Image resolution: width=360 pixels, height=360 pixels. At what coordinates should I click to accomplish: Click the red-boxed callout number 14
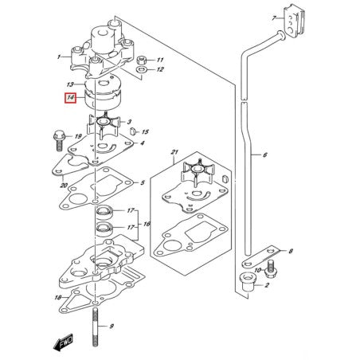pos(70,98)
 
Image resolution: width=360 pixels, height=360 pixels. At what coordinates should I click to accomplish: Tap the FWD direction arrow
pos(63,342)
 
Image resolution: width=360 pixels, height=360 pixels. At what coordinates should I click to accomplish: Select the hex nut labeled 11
pos(142,61)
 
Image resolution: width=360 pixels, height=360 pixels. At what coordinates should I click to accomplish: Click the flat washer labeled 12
pos(142,70)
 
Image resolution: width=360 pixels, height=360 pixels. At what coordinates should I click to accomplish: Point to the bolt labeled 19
pos(59,140)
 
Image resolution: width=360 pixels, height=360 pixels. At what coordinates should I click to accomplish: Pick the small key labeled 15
pos(134,131)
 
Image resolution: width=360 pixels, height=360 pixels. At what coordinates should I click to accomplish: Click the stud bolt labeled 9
pos(96,327)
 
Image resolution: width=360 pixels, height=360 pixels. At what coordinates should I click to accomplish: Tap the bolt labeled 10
pos(271,268)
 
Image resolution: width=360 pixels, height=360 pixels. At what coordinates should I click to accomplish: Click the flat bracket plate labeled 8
pos(260,257)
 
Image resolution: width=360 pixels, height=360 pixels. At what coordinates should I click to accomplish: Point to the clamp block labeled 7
pos(295,22)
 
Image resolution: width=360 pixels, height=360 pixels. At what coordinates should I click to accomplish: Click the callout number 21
pos(174,152)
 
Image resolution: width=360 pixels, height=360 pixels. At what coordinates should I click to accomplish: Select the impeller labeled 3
pos(104,125)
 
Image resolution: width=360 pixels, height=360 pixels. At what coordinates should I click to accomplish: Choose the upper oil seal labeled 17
pos(104,212)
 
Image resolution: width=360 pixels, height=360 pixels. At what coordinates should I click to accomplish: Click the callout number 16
pos(147,225)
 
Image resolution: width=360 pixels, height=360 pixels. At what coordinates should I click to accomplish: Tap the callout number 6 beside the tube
pos(265,155)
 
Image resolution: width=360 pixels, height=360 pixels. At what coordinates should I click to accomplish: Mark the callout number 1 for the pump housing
pos(59,57)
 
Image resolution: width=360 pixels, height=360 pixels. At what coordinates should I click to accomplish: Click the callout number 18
pos(58,298)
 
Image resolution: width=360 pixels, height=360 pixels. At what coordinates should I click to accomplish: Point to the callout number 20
pos(64,185)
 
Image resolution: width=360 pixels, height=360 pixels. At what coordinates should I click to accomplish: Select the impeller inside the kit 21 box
pos(198,173)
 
